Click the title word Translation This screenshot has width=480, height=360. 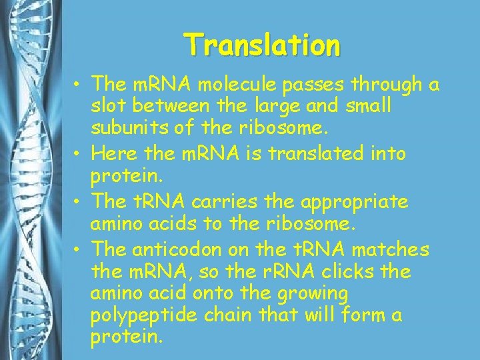point(263,45)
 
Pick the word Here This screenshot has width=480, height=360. point(113,154)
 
